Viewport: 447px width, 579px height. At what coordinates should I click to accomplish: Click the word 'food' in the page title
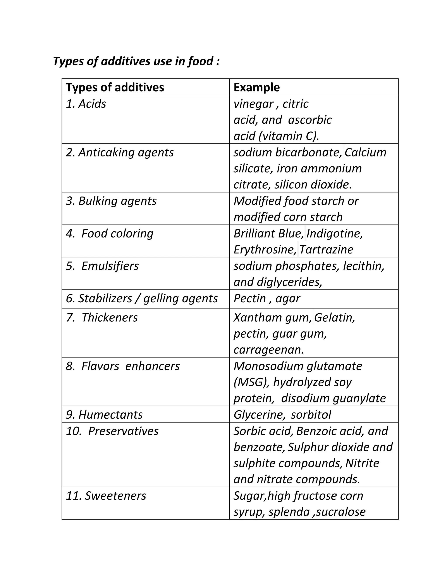click(x=200, y=61)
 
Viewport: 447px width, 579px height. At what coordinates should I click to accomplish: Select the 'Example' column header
click(x=256, y=87)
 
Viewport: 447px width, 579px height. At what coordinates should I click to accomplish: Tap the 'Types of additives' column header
click(x=115, y=87)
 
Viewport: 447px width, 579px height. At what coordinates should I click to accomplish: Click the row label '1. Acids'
click(x=86, y=104)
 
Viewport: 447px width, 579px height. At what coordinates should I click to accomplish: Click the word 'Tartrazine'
click(x=326, y=250)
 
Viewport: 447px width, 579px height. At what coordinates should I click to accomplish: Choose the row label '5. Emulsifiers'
click(x=102, y=266)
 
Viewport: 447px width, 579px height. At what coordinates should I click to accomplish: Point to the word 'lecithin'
click(x=363, y=266)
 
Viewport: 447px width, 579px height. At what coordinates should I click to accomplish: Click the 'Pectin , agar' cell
click(x=267, y=298)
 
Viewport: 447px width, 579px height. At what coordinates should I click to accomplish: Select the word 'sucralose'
click(x=340, y=512)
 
